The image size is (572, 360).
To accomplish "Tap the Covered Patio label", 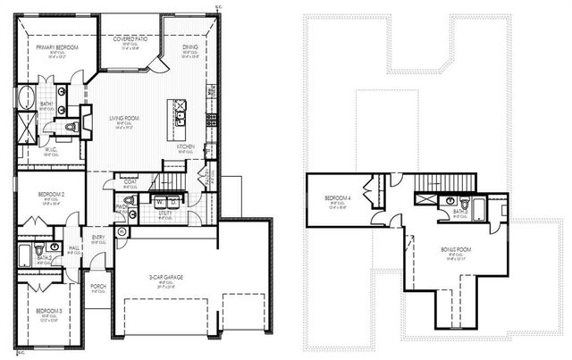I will click(130, 39).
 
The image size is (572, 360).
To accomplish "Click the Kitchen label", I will click(186, 146).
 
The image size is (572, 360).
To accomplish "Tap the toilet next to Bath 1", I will click(73, 128).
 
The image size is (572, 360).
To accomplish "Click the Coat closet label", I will click(130, 181).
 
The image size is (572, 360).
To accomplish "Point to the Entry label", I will click(98, 237).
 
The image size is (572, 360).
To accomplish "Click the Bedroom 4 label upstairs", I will click(336, 197).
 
